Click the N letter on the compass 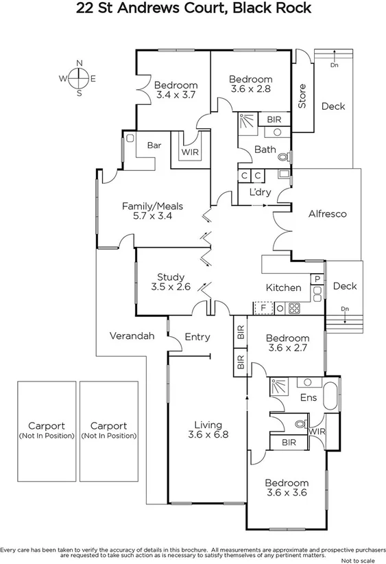[79, 63]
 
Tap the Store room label [302, 95]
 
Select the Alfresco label [327, 213]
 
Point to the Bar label [154, 145]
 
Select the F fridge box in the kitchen [263, 308]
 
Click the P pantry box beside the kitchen [317, 279]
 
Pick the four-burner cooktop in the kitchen [295, 308]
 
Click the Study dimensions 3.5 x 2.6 [171, 287]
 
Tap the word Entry [197, 337]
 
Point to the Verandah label [132, 336]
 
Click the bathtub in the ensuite [330, 397]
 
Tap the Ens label [308, 397]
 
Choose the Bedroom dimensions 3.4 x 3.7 [176, 95]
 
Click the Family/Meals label [147, 206]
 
